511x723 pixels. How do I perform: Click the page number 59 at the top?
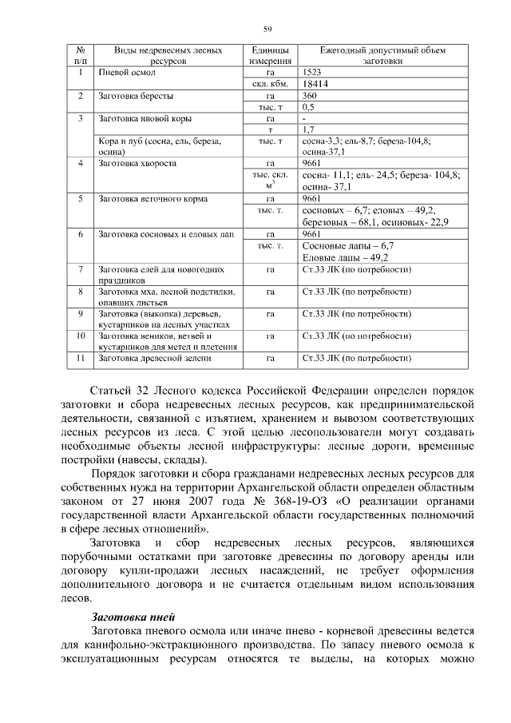point(268,30)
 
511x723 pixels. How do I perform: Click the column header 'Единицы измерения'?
point(267,55)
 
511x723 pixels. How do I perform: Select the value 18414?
point(315,83)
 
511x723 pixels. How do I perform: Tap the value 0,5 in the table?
point(309,106)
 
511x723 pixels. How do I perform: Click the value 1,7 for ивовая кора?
point(309,129)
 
